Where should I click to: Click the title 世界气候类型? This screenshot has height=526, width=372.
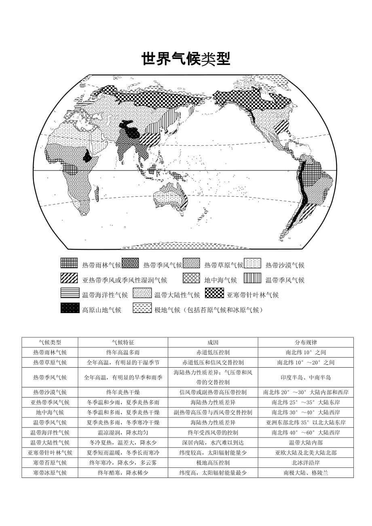(186, 59)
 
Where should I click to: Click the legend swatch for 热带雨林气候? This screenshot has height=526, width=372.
(69, 263)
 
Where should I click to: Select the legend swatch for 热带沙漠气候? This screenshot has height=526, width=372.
(252, 263)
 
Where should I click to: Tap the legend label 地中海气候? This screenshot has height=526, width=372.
(220, 280)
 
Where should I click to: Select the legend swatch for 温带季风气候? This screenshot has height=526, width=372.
(252, 278)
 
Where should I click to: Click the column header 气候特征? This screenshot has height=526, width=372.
(123, 342)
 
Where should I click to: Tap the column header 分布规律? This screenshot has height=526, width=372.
(306, 342)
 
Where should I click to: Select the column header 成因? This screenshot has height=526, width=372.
(213, 342)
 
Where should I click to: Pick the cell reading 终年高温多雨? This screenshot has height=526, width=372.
(123, 352)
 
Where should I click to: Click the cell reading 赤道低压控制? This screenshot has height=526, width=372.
(213, 352)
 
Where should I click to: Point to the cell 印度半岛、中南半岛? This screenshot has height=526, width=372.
(306, 377)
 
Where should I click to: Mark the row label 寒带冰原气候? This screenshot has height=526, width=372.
(50, 472)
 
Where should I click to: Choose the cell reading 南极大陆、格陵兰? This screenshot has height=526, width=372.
(306, 472)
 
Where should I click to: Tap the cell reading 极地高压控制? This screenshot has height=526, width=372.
(213, 463)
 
